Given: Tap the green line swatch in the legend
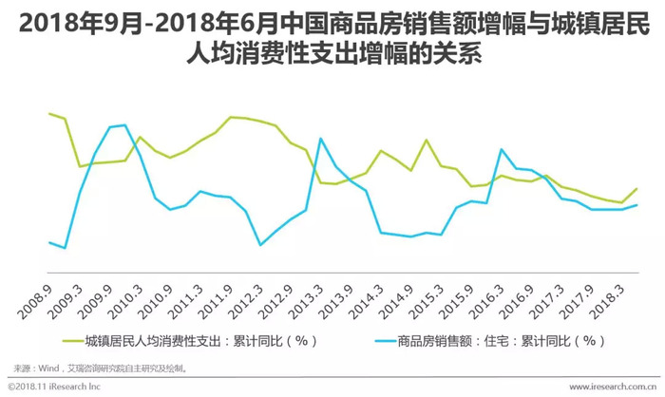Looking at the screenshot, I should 72,339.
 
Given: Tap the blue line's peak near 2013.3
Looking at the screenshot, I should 321,139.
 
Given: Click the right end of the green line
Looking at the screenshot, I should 636,188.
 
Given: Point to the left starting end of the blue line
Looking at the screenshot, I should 49,242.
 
